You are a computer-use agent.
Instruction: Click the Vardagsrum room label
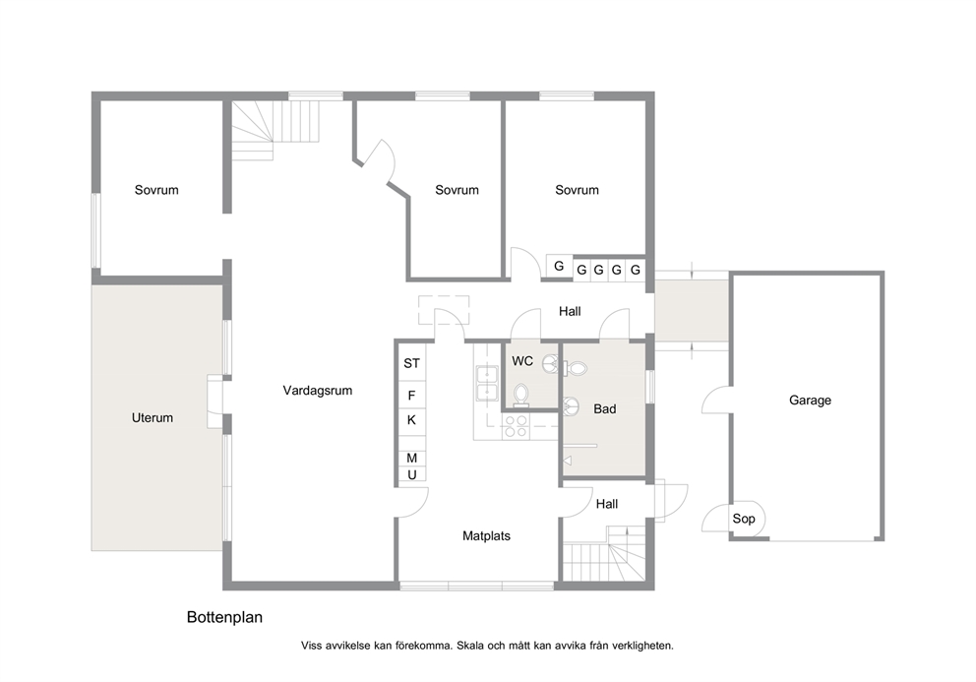[318, 391]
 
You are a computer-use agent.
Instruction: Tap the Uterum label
[152, 418]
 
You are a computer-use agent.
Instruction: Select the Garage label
[810, 401]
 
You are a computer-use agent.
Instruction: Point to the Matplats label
[486, 535]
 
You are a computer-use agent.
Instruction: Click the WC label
[522, 361]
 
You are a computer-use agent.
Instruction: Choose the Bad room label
[604, 409]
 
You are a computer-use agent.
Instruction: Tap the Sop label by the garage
[744, 519]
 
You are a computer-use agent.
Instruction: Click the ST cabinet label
[411, 363]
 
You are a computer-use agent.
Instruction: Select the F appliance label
[411, 396]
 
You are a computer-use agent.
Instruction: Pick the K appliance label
[411, 420]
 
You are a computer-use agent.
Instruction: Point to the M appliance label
[411, 459]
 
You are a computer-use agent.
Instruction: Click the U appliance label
[411, 475]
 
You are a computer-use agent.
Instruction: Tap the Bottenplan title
[224, 617]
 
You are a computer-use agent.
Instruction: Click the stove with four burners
[516, 426]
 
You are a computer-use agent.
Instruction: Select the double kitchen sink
[486, 383]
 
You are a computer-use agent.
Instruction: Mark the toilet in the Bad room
[576, 369]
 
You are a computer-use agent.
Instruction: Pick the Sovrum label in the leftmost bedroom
[156, 190]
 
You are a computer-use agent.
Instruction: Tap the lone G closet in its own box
[559, 266]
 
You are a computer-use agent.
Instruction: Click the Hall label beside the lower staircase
[607, 504]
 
